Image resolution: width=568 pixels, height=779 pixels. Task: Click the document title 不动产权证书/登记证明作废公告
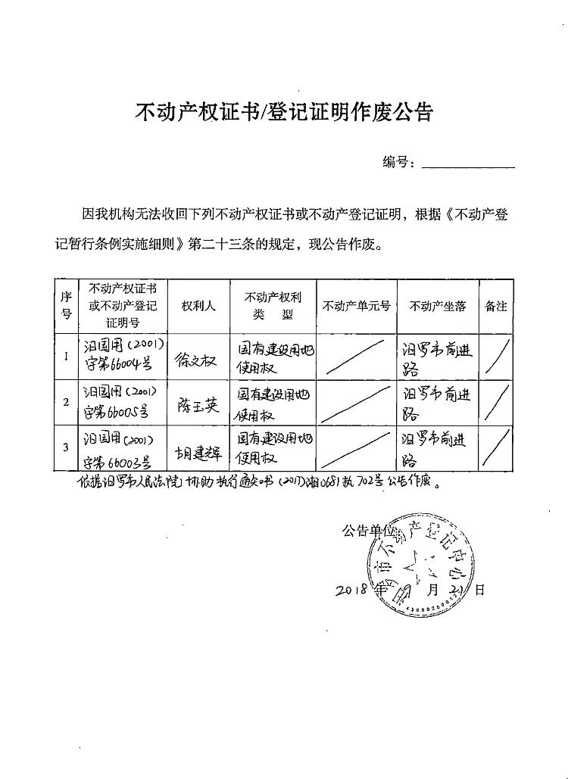point(283,112)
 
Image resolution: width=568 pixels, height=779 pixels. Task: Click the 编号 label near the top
point(398,161)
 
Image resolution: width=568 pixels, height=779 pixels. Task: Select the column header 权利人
point(198,306)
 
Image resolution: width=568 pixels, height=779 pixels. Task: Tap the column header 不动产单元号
point(357,306)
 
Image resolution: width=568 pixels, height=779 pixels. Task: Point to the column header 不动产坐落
point(438,306)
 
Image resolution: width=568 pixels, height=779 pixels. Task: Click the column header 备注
point(496,306)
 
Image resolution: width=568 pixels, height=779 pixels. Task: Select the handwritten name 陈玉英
point(198,405)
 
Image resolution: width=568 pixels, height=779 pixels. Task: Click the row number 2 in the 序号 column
point(67,402)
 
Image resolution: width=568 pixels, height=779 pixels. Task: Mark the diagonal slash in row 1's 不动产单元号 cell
point(357,356)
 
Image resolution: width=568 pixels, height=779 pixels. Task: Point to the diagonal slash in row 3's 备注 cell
point(496,449)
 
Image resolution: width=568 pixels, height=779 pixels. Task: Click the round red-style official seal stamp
point(420,568)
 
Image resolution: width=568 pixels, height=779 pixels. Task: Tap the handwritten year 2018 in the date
point(352,588)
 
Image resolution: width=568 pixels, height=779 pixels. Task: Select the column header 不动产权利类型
point(273,306)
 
